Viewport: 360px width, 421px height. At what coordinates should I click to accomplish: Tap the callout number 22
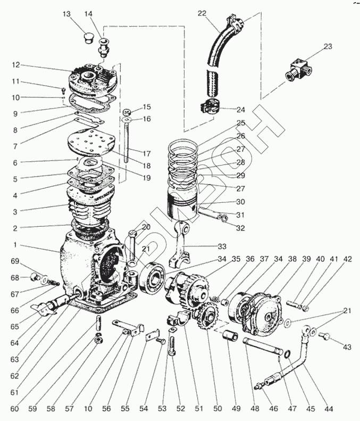(202, 13)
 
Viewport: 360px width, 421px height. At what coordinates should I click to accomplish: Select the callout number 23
(328, 47)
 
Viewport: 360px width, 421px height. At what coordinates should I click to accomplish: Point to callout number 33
(222, 246)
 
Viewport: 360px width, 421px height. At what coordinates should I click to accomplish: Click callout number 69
(14, 261)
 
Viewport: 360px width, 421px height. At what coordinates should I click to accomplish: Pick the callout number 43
(347, 347)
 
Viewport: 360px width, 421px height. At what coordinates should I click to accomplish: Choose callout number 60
(14, 409)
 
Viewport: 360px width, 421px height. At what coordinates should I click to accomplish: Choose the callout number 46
(274, 409)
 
